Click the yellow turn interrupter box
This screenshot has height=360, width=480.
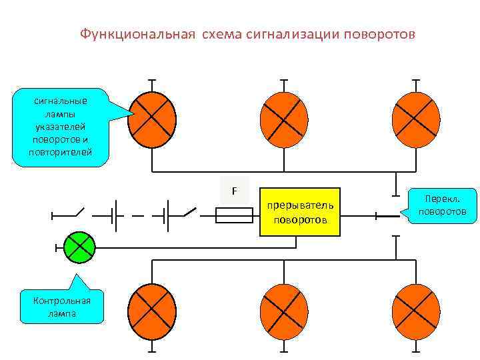pos(299,212)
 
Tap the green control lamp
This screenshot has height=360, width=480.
pos(79,247)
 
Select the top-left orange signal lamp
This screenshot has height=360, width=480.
pos(152,119)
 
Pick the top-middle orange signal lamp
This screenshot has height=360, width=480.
pos(284,119)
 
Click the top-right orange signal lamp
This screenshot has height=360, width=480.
pos(415,119)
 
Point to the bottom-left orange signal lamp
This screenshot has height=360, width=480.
pos(152,312)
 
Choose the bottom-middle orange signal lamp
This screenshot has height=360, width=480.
pos(284,312)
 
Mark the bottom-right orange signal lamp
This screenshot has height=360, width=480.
pos(415,312)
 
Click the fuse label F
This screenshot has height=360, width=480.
pos(234,191)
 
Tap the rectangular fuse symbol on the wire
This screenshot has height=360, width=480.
pos(235,215)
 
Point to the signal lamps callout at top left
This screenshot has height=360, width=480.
pos(61,127)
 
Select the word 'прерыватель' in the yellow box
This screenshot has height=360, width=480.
pos(299,205)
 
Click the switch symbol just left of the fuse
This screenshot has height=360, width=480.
pos(189,214)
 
